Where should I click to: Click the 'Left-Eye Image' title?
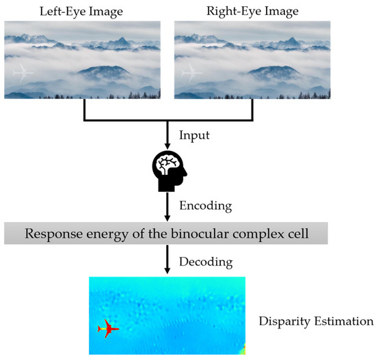click(82, 11)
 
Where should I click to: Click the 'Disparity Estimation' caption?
click(316, 320)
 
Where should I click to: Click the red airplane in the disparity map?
click(108, 329)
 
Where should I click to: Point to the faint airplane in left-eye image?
click(23, 72)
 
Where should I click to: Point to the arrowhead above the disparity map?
click(167, 272)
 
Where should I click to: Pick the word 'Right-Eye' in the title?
click(234, 11)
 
